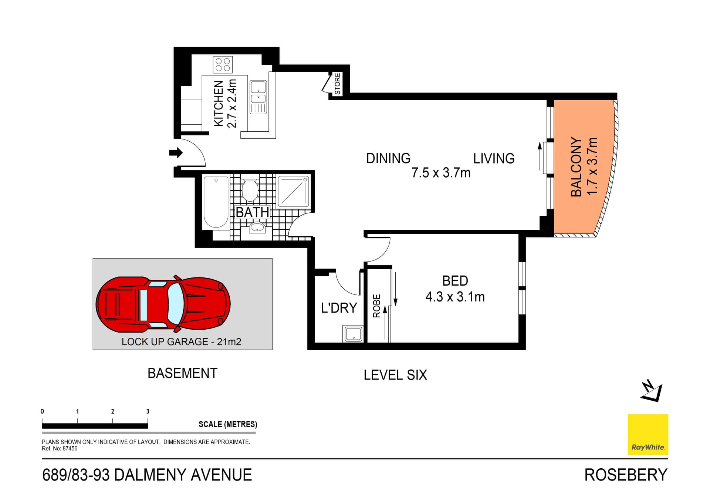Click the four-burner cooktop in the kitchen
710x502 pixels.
tap(223, 65)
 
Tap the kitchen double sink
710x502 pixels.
tap(258, 93)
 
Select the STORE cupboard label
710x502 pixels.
tap(337, 84)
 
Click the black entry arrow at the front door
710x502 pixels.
tap(176, 152)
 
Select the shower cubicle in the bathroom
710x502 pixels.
tap(294, 191)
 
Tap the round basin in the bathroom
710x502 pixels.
tap(257, 227)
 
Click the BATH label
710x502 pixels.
tap(253, 212)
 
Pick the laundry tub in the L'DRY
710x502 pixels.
tap(353, 334)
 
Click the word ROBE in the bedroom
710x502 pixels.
tap(376, 306)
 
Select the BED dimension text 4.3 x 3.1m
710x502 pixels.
tap(455, 297)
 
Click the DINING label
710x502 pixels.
tap(388, 158)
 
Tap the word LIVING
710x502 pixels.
tap(494, 158)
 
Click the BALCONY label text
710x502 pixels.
tap(576, 166)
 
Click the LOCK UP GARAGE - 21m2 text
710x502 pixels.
tap(181, 341)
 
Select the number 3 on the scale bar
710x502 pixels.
tap(148, 411)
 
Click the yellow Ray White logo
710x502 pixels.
tap(648, 434)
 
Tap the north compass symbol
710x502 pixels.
tap(652, 391)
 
